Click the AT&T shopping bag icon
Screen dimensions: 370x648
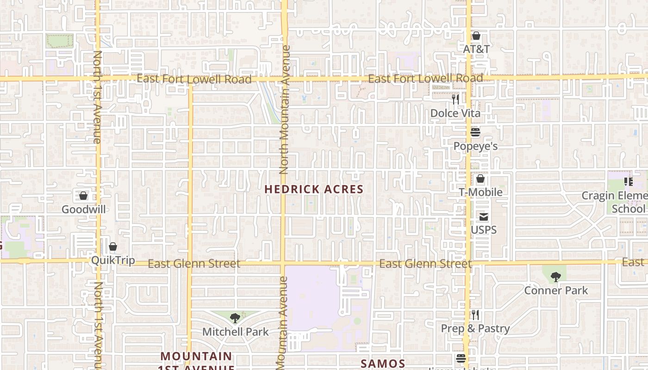tap(476, 36)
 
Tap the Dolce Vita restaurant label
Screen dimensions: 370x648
tap(455, 113)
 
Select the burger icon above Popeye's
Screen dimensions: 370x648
tap(475, 133)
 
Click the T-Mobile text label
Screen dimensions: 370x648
tap(480, 192)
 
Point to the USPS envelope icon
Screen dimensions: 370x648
tap(484, 216)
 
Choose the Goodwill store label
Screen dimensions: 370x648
tap(83, 209)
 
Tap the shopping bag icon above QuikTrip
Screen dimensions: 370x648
tap(112, 247)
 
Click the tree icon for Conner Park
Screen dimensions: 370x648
tap(555, 277)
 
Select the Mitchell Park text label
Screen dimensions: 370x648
tap(235, 332)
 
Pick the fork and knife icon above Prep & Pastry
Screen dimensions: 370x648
tap(475, 315)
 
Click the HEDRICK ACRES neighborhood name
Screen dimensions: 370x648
tap(314, 189)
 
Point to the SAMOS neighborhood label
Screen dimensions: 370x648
tap(383, 364)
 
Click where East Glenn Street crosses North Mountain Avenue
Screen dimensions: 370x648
tap(283, 263)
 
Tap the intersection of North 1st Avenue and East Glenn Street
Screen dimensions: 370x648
tap(98, 261)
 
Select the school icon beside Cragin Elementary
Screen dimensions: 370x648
tap(628, 181)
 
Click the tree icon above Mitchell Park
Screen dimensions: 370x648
tap(235, 318)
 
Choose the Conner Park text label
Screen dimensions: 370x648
tap(555, 290)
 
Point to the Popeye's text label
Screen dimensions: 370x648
tap(475, 146)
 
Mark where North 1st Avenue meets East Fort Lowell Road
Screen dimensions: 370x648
tap(98, 79)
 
